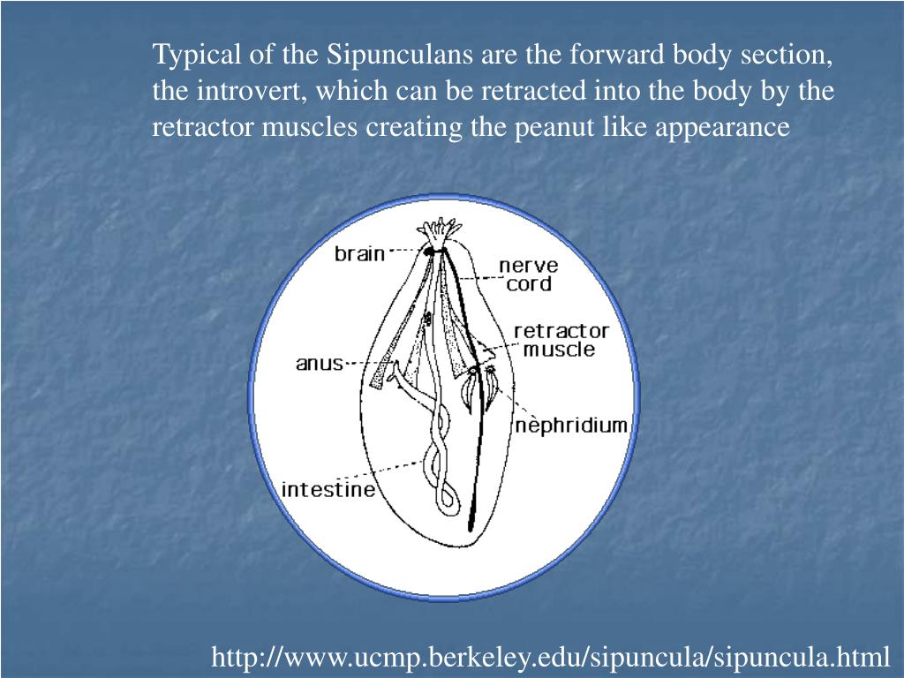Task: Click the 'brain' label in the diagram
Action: coord(359,254)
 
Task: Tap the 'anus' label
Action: coord(319,363)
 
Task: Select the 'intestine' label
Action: coord(328,489)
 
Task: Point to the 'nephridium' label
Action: coord(571,426)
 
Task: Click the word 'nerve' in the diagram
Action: coord(527,266)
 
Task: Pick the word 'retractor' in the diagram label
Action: coord(561,331)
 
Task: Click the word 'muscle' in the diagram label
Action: coord(559,349)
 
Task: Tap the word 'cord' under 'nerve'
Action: coord(528,284)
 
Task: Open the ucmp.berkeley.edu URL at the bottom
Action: coord(551,657)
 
